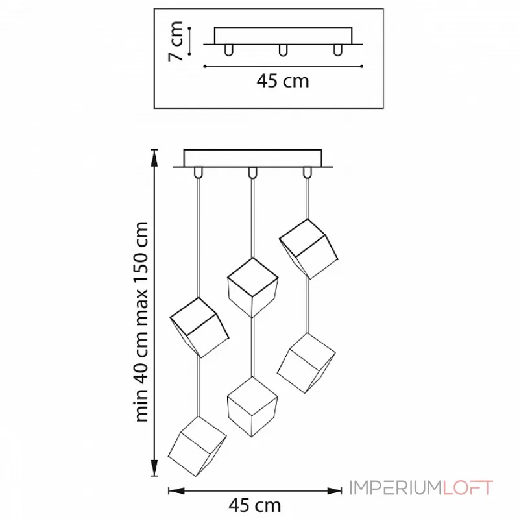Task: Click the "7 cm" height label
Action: (x=175, y=42)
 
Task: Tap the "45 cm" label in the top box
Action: (x=283, y=81)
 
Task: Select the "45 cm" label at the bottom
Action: (x=254, y=505)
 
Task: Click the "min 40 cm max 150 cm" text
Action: (x=142, y=322)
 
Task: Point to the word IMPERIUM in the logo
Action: (x=396, y=488)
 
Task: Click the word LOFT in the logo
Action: (x=468, y=488)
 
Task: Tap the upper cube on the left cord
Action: (x=199, y=328)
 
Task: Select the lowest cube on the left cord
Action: (x=197, y=446)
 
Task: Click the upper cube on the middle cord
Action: (x=252, y=287)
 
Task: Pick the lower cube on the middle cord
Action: (x=252, y=407)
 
